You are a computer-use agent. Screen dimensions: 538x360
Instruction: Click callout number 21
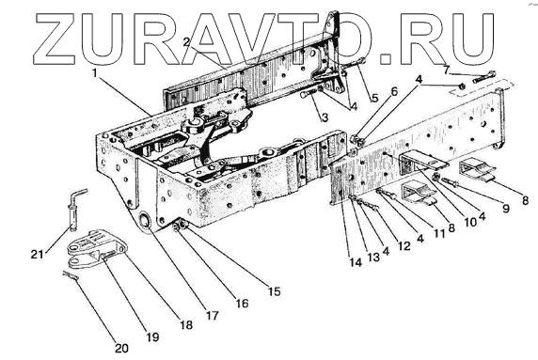click(x=38, y=255)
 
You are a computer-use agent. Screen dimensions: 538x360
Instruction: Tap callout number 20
click(x=121, y=349)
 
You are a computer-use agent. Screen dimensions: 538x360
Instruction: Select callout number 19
click(x=152, y=337)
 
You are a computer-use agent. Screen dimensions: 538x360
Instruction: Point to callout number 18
click(x=186, y=325)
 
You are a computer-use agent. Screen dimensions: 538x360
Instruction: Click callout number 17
click(x=213, y=316)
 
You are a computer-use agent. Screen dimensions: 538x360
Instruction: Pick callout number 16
click(x=243, y=304)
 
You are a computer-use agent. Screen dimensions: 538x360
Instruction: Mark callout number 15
click(x=274, y=291)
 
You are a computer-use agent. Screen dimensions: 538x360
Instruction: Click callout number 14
click(x=356, y=262)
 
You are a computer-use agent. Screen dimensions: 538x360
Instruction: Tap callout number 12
click(x=404, y=246)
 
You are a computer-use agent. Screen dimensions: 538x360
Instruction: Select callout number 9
click(x=506, y=209)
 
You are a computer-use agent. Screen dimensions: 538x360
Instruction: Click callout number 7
click(x=446, y=70)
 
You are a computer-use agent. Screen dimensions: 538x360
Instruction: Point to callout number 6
click(x=394, y=91)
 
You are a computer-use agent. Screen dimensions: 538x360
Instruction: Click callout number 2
click(x=186, y=42)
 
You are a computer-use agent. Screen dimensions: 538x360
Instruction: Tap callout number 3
click(x=324, y=117)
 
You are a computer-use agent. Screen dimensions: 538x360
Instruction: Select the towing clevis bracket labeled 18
click(x=97, y=249)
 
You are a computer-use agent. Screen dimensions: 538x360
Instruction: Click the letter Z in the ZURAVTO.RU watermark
click(x=57, y=39)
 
